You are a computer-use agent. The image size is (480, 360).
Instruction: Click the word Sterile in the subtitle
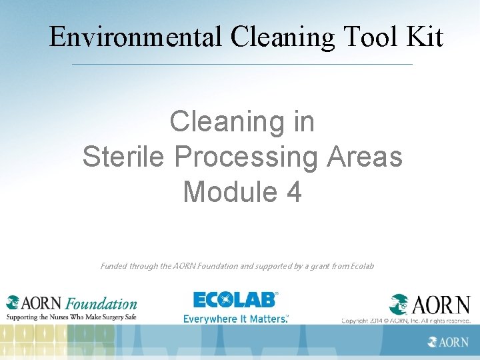124,157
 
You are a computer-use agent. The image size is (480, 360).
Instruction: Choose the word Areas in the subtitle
365,157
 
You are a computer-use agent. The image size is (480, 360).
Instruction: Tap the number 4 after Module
294,192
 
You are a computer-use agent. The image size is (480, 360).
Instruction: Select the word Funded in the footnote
114,266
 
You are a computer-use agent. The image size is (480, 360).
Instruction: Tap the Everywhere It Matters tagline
236,319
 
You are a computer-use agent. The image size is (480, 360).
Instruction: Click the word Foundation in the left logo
102,304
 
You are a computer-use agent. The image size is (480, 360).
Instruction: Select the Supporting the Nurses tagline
71,317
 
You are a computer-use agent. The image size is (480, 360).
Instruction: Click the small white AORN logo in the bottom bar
448,342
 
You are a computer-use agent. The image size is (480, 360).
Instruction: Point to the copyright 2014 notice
406,321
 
